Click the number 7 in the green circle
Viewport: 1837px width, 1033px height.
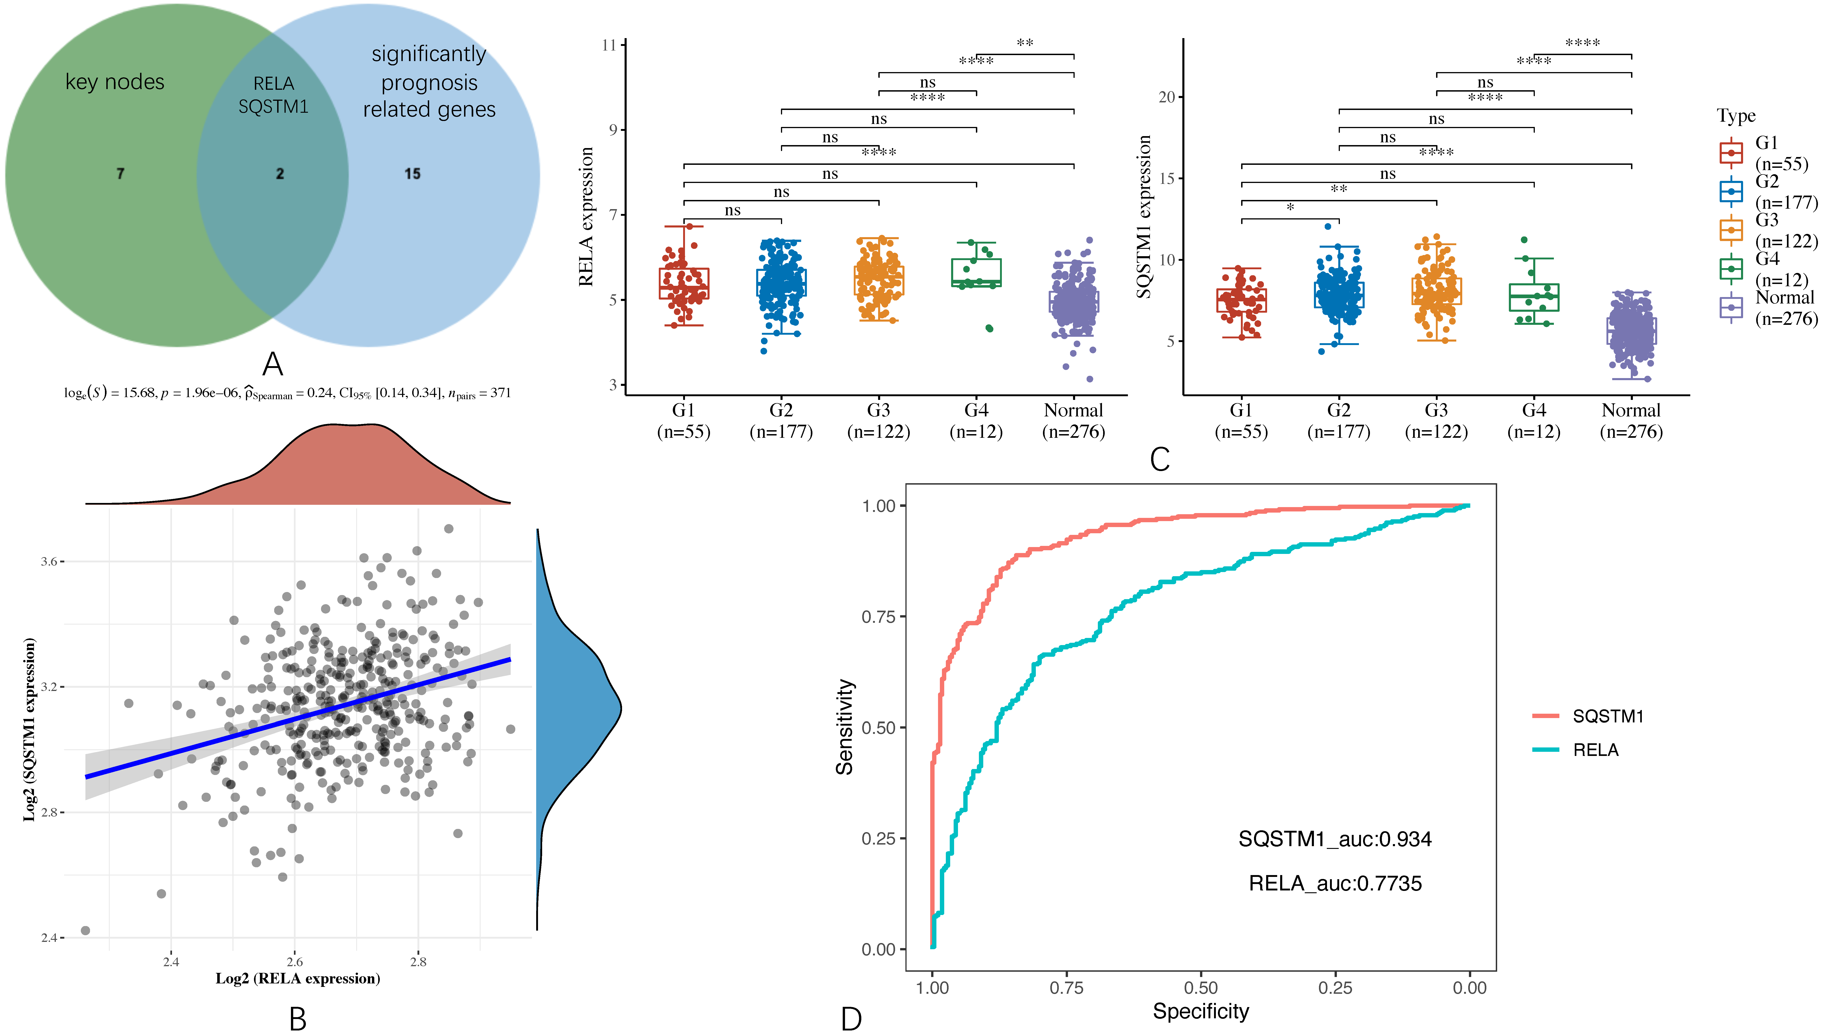click(x=121, y=173)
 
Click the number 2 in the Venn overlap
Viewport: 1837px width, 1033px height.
click(x=279, y=173)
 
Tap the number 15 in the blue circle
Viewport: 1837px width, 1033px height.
click(x=412, y=173)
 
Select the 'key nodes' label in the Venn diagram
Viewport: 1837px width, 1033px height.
click(x=115, y=82)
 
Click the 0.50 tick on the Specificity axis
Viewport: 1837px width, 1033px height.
click(x=1201, y=988)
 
